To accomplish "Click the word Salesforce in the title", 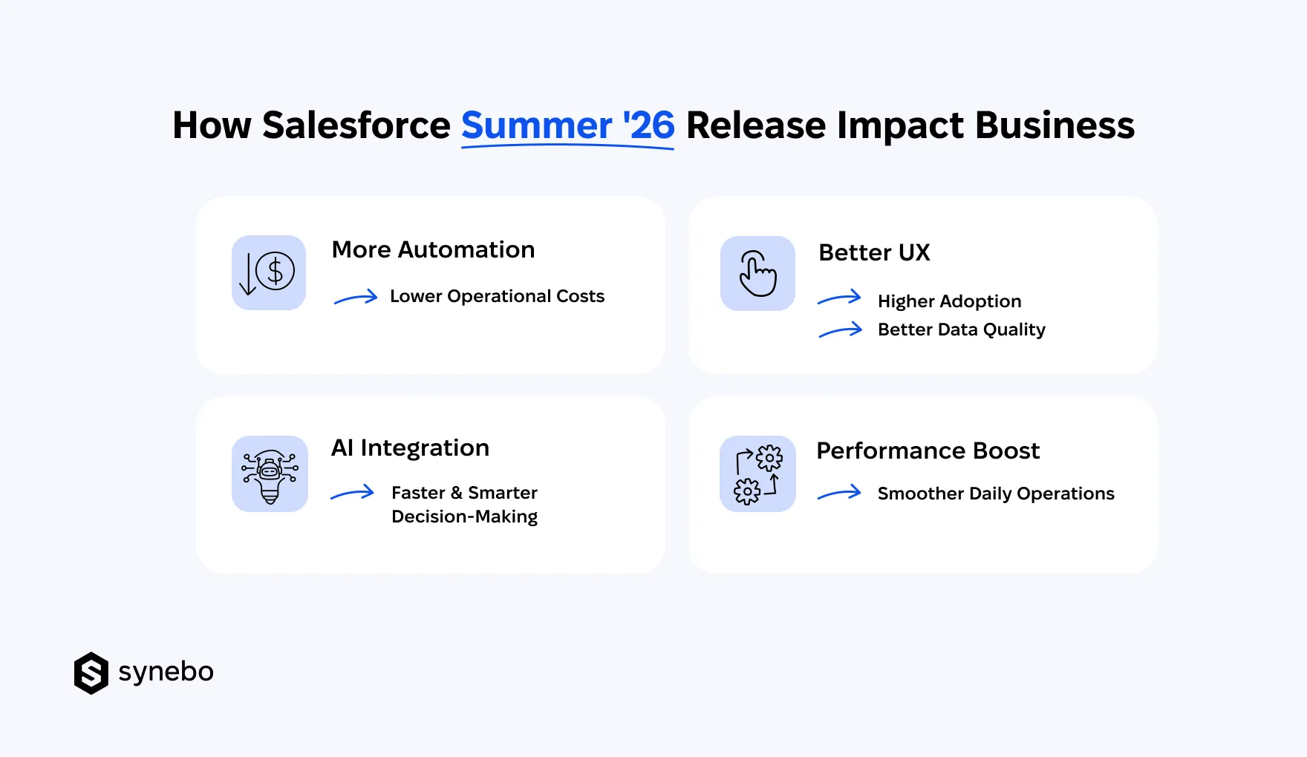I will point(356,125).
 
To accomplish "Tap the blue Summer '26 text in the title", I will point(568,125).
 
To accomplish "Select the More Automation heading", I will point(433,250).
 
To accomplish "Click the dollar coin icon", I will point(269,272).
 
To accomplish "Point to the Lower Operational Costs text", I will point(497,296).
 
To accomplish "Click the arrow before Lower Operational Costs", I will point(356,298).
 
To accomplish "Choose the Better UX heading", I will point(874,253).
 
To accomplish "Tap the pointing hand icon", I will point(757,273).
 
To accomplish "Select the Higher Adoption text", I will point(949,301).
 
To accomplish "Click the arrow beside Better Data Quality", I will point(840,330).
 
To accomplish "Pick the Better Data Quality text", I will point(961,330).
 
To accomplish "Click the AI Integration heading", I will point(410,448).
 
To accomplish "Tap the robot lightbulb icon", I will point(270,474).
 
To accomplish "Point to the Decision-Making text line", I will point(464,517).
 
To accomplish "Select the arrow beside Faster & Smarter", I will point(352,493).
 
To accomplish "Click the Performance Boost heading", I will point(928,451).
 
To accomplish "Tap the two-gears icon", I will point(757,474).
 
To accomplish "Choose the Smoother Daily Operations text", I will point(996,494).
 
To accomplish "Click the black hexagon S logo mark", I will point(91,673).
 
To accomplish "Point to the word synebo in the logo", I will point(166,672).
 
